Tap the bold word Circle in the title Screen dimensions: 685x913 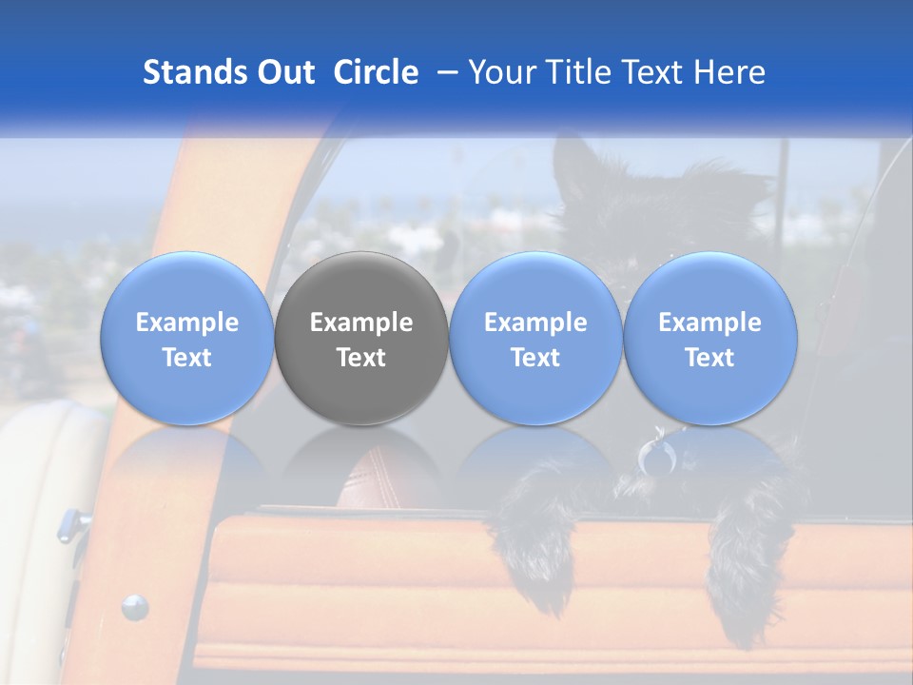(x=376, y=72)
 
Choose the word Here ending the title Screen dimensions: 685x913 (x=728, y=72)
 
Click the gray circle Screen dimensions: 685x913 (x=361, y=338)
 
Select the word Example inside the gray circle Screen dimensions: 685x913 (x=361, y=323)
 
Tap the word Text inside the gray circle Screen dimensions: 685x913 (x=361, y=358)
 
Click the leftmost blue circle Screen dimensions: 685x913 (x=187, y=338)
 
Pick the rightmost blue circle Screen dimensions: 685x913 (x=710, y=338)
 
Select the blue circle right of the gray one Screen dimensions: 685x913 (x=535, y=338)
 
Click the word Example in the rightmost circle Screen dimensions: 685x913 (x=710, y=323)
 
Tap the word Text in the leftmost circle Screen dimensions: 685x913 (x=187, y=358)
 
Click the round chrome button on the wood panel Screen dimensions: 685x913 (x=134, y=605)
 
